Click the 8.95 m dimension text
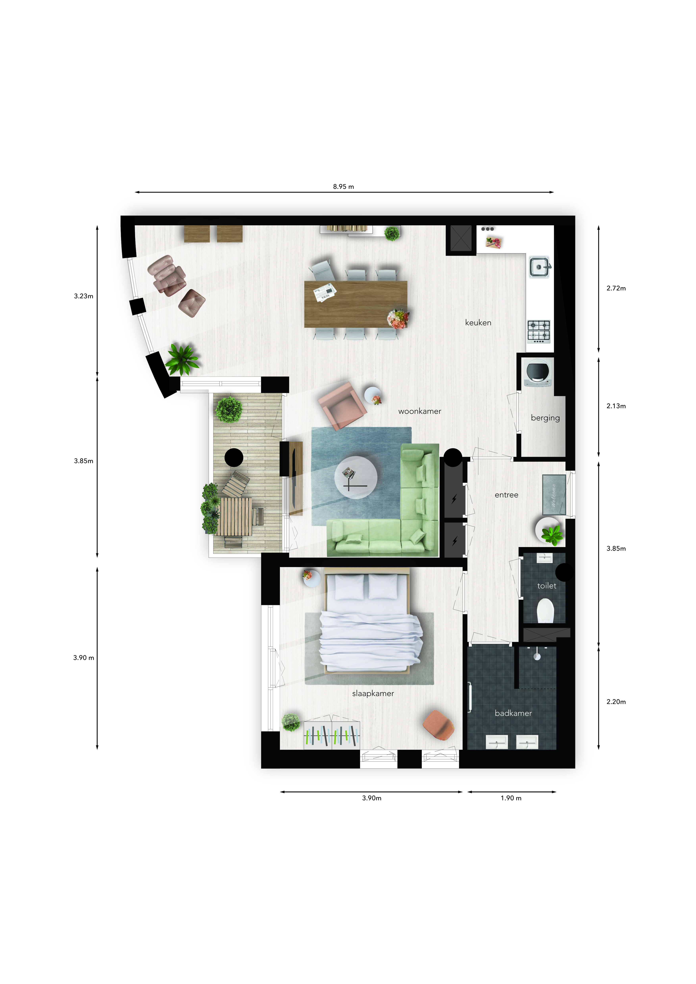(x=343, y=186)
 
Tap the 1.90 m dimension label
(x=511, y=798)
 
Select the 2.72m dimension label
(x=616, y=288)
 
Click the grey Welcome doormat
(x=554, y=494)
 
